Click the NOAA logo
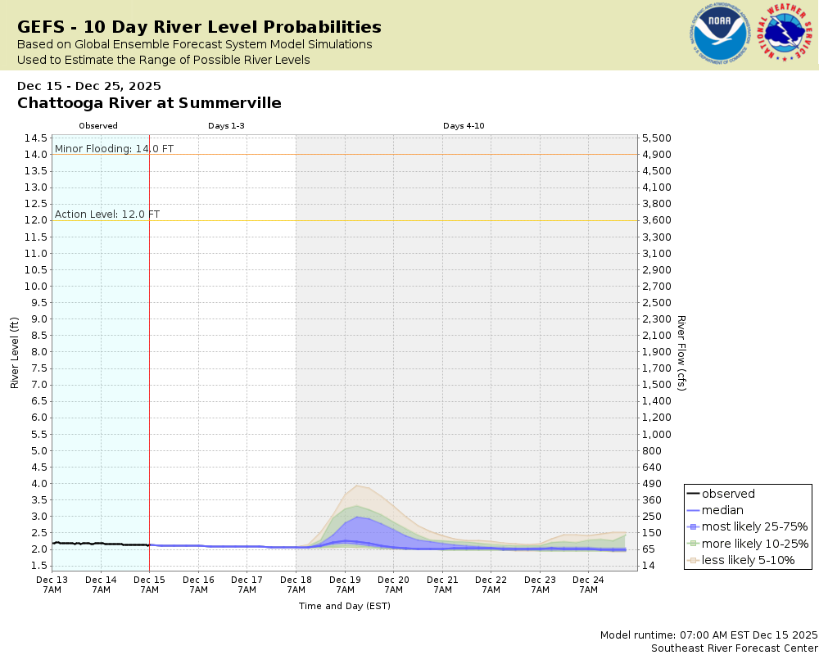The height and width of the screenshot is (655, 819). click(x=718, y=34)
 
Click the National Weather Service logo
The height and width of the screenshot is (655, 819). click(x=785, y=34)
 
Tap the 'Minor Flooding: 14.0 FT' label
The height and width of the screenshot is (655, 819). click(x=114, y=149)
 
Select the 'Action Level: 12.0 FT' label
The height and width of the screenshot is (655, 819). click(x=107, y=215)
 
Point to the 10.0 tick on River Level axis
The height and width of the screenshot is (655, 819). click(x=35, y=286)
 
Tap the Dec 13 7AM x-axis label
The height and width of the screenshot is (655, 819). click(x=52, y=584)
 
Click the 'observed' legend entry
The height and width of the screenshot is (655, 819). click(x=728, y=494)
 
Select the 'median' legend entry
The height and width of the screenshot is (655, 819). click(x=723, y=510)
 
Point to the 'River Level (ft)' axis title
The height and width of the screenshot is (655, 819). click(x=15, y=352)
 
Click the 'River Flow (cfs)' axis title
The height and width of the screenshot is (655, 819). click(x=681, y=352)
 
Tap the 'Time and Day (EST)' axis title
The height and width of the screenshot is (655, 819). click(x=344, y=606)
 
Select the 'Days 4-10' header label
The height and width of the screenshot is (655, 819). click(x=464, y=126)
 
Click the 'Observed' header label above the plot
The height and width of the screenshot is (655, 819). click(x=98, y=126)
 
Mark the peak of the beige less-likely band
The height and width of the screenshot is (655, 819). click(x=356, y=485)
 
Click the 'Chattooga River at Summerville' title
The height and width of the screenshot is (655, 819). click(x=149, y=103)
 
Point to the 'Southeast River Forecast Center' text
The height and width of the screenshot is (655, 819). click(x=734, y=648)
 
